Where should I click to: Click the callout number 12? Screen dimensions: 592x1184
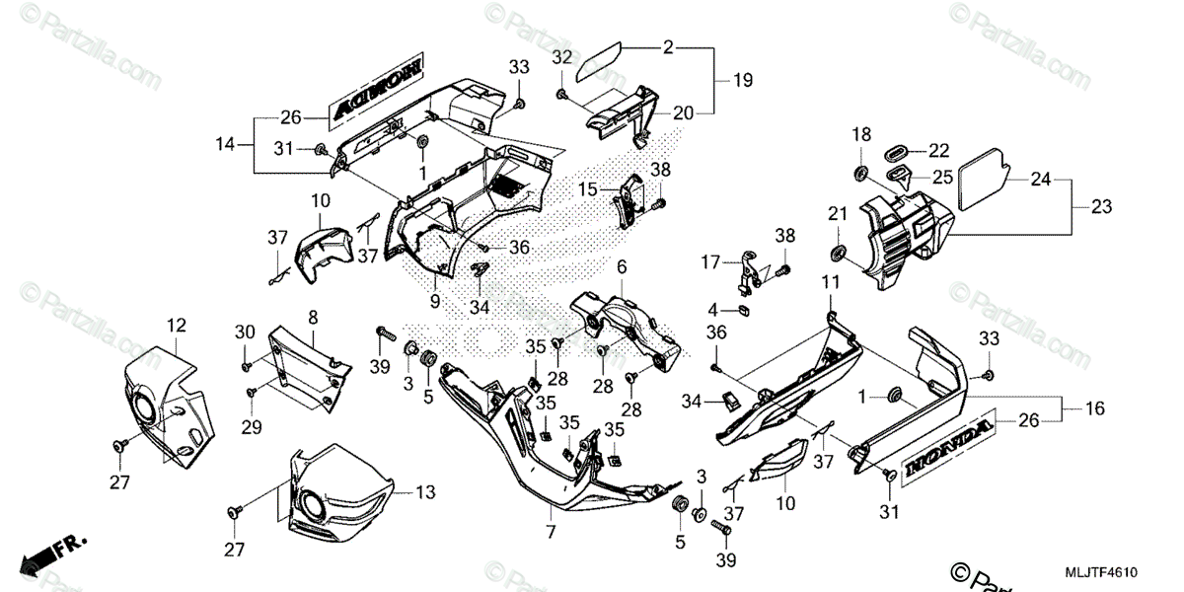(x=176, y=325)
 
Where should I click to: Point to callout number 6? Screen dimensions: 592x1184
(x=622, y=267)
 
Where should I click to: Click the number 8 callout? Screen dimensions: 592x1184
(x=312, y=318)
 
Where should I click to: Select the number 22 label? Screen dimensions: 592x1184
(x=937, y=150)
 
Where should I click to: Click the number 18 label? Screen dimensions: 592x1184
(x=861, y=133)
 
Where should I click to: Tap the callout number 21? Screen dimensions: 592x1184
(x=838, y=215)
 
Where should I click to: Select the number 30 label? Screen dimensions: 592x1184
(x=246, y=332)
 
